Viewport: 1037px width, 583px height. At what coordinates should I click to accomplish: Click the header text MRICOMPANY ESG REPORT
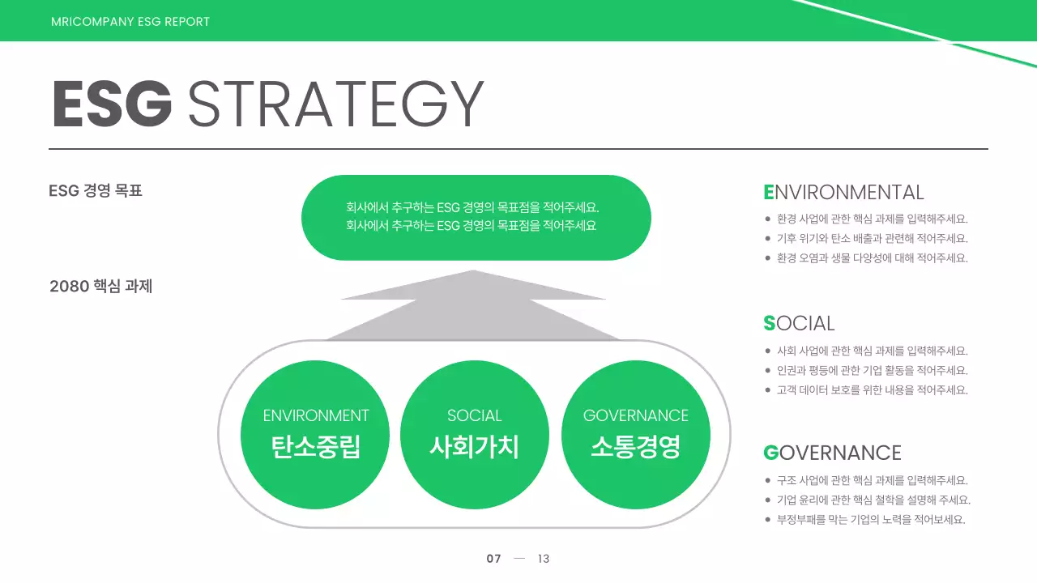point(130,22)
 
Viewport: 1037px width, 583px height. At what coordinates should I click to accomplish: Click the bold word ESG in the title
point(112,104)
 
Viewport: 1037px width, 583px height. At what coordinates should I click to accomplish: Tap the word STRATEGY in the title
point(335,104)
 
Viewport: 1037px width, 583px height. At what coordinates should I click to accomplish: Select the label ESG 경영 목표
point(96,191)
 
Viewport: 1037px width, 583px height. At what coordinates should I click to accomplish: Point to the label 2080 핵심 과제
point(101,286)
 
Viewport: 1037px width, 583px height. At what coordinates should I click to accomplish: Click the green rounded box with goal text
point(476,217)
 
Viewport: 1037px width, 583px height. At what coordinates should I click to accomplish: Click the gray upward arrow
point(473,308)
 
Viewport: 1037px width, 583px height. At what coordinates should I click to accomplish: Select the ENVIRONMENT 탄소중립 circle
point(315,435)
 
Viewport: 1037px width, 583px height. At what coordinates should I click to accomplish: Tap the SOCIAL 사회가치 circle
point(475,435)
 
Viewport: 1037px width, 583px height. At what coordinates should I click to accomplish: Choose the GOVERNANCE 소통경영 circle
point(635,435)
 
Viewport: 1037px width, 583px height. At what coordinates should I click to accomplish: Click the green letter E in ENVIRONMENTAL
point(769,193)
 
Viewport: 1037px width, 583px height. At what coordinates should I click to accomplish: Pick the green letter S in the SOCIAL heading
point(769,324)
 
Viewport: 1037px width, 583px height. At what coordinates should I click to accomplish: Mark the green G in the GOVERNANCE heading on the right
point(770,453)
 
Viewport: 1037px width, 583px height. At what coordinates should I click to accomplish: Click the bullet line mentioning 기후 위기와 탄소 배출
point(872,239)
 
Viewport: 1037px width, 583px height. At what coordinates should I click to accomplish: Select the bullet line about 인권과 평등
point(872,371)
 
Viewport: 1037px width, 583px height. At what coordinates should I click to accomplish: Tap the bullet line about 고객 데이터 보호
point(872,390)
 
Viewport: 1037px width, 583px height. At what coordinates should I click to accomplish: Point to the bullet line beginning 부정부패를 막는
point(870,520)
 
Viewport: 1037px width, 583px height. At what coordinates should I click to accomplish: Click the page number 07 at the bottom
point(493,559)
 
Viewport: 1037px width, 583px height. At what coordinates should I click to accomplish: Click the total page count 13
point(544,559)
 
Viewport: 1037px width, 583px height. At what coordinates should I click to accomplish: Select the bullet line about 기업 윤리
point(873,500)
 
